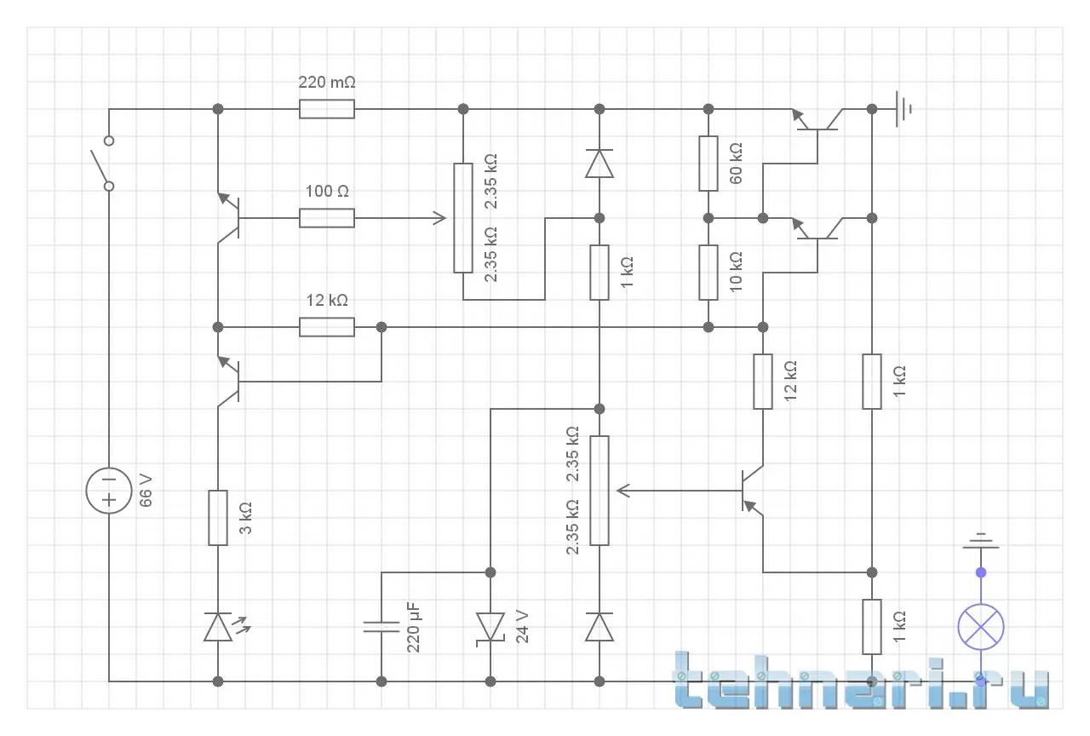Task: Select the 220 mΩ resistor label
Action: (326, 83)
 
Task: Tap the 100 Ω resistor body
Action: (326, 218)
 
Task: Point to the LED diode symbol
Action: (219, 627)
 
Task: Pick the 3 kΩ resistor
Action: (218, 517)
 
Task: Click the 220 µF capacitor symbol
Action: (381, 627)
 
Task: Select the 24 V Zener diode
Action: (490, 627)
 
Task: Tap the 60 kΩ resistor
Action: (708, 163)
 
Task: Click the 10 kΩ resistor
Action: (708, 273)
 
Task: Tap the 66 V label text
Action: (146, 492)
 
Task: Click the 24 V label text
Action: (522, 627)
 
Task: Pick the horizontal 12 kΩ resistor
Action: (326, 327)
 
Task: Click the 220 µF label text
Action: (414, 627)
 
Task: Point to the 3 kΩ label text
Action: (246, 518)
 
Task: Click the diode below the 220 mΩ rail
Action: (599, 163)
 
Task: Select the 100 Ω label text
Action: (326, 192)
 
